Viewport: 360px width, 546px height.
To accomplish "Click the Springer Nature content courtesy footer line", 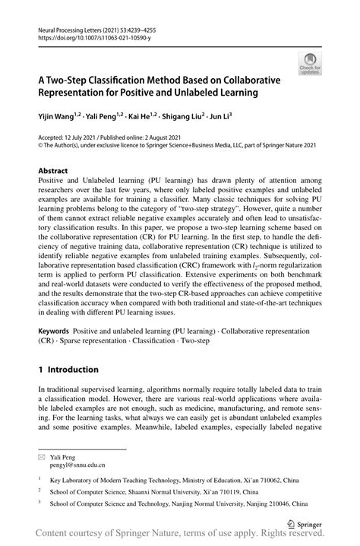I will pyautogui.click(x=180, y=536).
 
